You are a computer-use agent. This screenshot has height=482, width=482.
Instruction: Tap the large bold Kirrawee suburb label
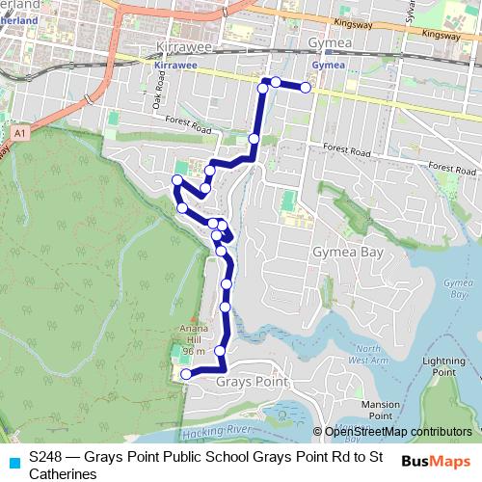191,45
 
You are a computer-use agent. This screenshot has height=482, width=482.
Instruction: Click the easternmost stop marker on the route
306,88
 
